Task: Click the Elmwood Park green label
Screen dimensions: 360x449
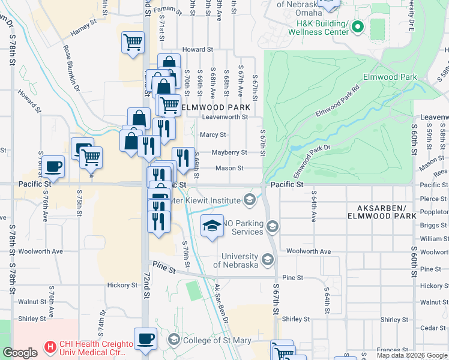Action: pos(390,77)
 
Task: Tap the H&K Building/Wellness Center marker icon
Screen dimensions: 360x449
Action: pos(358,26)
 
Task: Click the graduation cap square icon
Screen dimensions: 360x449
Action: pos(212,226)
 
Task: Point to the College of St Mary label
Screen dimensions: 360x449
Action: pos(217,341)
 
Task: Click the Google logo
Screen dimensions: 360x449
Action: pos(20,353)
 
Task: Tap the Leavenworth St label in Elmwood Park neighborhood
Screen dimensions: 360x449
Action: pos(224,117)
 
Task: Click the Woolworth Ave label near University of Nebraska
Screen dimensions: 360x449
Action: pos(308,251)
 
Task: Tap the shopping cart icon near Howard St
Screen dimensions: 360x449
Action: pos(133,42)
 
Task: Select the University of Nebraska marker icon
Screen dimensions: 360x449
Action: pos(267,260)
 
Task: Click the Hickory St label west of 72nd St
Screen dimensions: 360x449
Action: pos(123,285)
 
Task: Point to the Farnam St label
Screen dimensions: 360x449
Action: pos(167,10)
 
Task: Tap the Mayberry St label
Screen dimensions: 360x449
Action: pos(229,152)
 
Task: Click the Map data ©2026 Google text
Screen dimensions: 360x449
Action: pos(411,355)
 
